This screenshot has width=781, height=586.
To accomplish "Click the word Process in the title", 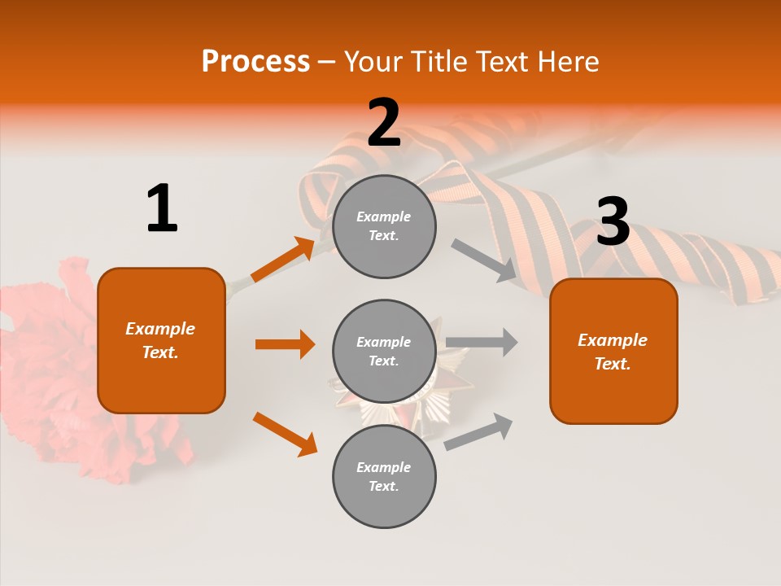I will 255,62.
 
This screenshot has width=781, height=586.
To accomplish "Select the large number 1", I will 162,209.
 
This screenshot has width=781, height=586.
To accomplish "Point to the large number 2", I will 384,123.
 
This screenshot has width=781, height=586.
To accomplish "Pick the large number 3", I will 613,222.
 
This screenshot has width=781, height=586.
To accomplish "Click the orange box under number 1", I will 161,340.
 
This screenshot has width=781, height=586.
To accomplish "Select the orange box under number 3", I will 613,352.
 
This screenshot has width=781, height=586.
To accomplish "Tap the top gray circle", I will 384,226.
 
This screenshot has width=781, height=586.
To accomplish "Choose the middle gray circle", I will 384,352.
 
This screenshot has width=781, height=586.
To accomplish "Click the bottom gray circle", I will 384,477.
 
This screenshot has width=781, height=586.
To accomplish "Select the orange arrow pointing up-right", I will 283,260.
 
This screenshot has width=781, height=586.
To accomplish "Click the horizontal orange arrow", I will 285,344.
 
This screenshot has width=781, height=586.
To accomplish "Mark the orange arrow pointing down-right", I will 285,434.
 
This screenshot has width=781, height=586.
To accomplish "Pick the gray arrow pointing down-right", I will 484,260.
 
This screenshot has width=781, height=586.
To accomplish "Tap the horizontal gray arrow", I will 482,342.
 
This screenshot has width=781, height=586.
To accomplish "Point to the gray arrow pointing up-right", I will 478,432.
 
